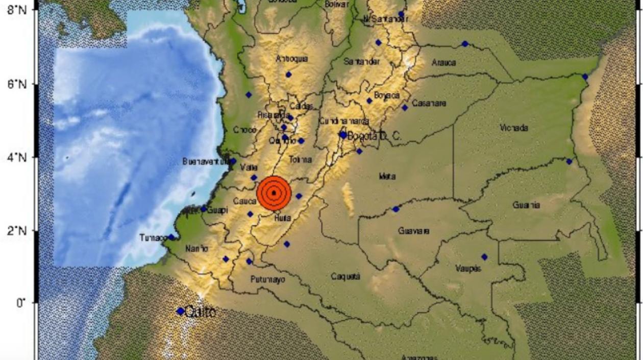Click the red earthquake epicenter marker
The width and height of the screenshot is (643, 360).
click(x=274, y=193)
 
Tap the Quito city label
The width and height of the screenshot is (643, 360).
click(x=200, y=311)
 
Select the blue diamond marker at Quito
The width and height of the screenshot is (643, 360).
click(x=180, y=311)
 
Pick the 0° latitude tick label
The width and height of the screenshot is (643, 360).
click(x=20, y=303)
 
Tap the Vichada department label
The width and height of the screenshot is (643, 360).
click(x=514, y=128)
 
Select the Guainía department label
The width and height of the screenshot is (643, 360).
click(x=526, y=205)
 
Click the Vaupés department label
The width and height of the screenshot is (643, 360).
click(x=468, y=268)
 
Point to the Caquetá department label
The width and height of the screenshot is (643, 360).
click(x=345, y=276)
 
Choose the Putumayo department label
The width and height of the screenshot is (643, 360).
click(x=268, y=279)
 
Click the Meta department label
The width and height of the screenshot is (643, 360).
click(x=387, y=177)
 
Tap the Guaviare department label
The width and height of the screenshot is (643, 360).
click(x=413, y=231)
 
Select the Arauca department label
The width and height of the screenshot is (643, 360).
click(x=443, y=63)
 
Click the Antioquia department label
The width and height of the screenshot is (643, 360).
click(x=292, y=59)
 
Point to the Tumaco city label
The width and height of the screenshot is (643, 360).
click(x=153, y=238)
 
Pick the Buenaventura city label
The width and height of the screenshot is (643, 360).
click(x=205, y=161)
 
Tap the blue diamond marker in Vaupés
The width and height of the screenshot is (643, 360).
click(x=484, y=257)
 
